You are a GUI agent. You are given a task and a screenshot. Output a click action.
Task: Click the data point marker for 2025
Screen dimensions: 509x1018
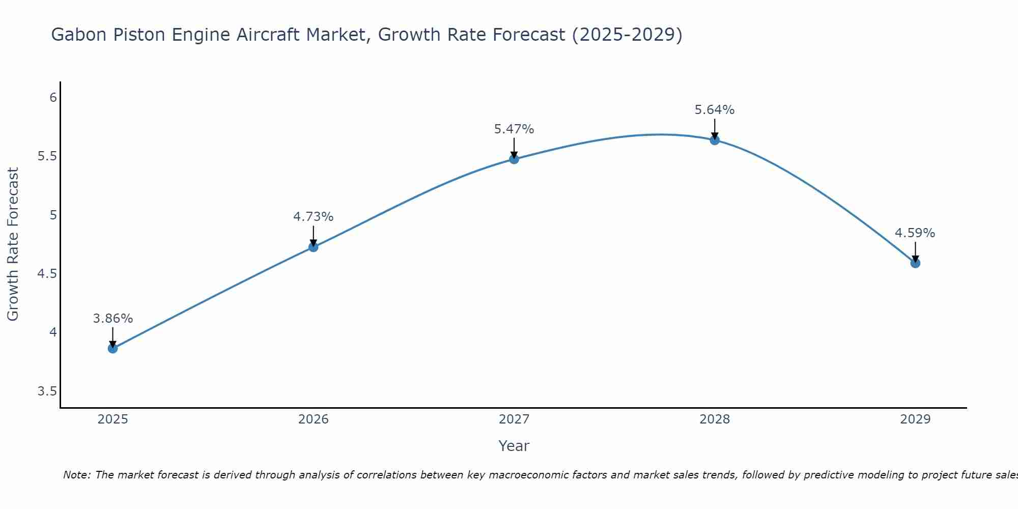(x=112, y=348)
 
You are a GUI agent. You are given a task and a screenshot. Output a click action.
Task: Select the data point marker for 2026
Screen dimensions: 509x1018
(x=313, y=247)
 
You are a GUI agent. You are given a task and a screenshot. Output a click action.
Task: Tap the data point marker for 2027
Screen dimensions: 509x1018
(x=514, y=159)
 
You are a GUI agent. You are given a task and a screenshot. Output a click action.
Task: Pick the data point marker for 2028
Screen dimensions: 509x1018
(x=715, y=140)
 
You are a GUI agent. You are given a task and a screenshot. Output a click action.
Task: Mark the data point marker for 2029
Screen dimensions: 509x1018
(x=915, y=263)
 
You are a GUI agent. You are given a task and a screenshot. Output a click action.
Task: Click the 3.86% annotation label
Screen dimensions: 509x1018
(x=112, y=319)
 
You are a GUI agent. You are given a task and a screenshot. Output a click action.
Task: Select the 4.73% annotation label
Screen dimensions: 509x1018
(x=313, y=217)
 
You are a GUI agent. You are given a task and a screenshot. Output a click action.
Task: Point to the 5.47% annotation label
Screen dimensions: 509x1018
(x=514, y=129)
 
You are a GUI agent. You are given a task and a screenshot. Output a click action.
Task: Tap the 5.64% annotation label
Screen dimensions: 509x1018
(x=715, y=110)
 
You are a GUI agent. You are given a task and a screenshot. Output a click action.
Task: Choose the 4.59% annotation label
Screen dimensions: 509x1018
(x=915, y=233)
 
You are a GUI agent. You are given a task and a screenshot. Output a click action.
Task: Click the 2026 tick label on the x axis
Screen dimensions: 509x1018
(x=313, y=419)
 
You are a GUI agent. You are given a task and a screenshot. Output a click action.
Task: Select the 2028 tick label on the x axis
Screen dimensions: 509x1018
(x=715, y=419)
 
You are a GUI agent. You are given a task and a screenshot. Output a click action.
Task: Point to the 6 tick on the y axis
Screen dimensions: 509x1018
(x=53, y=97)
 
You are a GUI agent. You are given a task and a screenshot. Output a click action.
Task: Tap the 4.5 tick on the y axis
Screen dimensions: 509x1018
(x=47, y=274)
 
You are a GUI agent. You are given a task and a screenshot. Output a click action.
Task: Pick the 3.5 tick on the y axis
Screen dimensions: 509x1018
(x=47, y=391)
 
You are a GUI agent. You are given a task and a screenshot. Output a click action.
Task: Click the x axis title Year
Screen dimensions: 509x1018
(x=514, y=446)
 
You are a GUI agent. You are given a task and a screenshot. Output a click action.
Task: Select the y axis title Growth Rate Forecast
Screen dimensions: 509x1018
(x=13, y=244)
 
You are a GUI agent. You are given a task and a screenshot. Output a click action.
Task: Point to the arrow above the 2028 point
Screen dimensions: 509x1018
(x=715, y=128)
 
